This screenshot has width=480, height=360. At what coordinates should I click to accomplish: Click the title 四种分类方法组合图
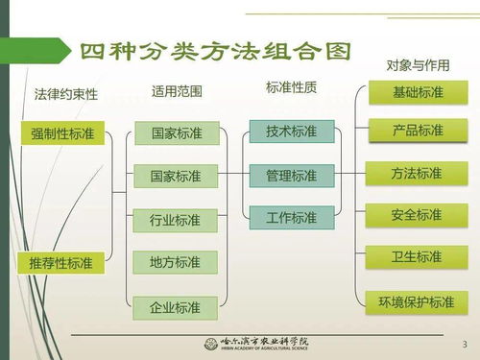(x=215, y=51)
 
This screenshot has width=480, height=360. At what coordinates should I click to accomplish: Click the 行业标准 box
(x=175, y=220)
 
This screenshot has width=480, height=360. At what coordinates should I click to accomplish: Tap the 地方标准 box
(x=175, y=262)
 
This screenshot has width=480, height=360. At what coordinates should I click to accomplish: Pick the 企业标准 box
(x=175, y=307)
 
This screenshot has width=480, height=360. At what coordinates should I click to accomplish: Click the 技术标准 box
(x=291, y=132)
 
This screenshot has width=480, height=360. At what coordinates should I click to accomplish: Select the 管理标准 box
(x=291, y=176)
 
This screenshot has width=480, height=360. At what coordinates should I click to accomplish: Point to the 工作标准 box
(x=291, y=218)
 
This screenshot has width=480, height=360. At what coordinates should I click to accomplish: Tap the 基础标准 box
(x=418, y=93)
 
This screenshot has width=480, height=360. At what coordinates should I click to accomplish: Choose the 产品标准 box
(x=418, y=131)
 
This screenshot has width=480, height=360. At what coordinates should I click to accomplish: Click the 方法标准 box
(x=418, y=174)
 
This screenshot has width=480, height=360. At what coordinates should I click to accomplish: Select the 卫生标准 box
(x=418, y=257)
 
